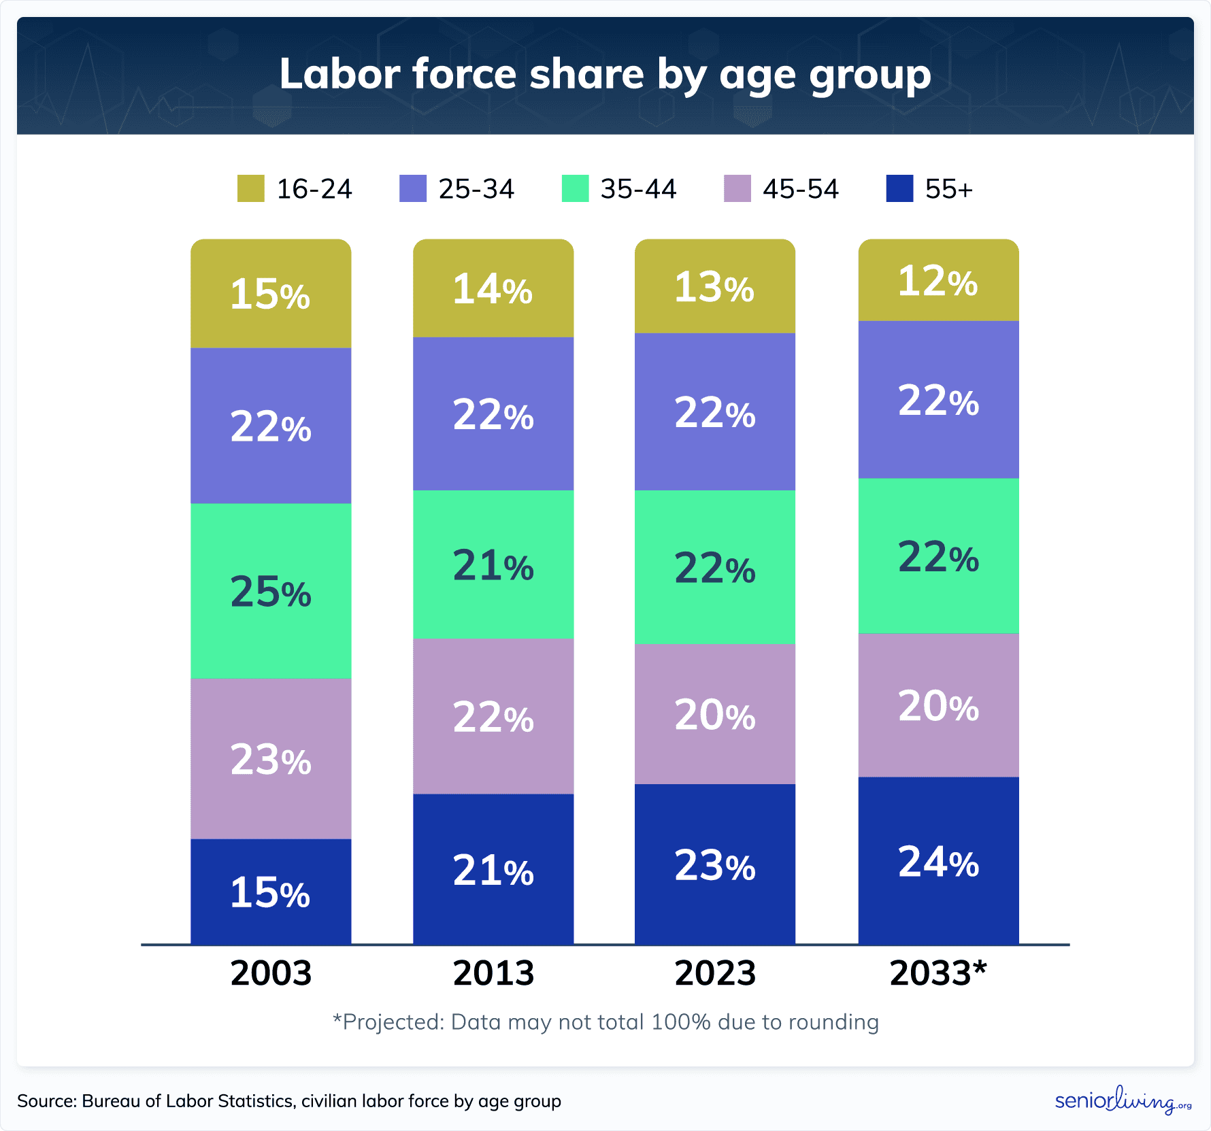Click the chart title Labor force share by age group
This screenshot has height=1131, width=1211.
(x=605, y=74)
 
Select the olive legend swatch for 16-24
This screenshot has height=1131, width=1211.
(x=250, y=188)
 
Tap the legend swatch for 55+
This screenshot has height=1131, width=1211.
(x=899, y=188)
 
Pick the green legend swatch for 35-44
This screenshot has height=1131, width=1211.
(x=575, y=188)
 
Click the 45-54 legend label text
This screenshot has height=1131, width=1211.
(x=801, y=189)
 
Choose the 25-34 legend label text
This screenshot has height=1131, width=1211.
(x=476, y=189)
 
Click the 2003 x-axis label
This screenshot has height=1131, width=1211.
(x=271, y=973)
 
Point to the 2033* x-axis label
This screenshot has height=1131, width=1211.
(x=938, y=973)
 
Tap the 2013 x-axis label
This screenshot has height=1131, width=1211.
(x=493, y=973)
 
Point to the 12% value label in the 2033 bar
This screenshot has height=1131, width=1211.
(x=938, y=281)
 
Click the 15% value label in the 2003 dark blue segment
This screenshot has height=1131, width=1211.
(x=270, y=892)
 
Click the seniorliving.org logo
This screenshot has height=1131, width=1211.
(x=1123, y=1100)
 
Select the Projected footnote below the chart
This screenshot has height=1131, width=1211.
(x=605, y=1022)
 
